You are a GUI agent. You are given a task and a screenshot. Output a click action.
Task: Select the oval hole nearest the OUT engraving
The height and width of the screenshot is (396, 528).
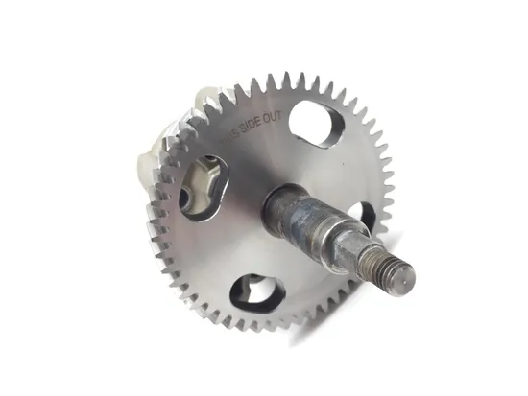click(315, 121)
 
